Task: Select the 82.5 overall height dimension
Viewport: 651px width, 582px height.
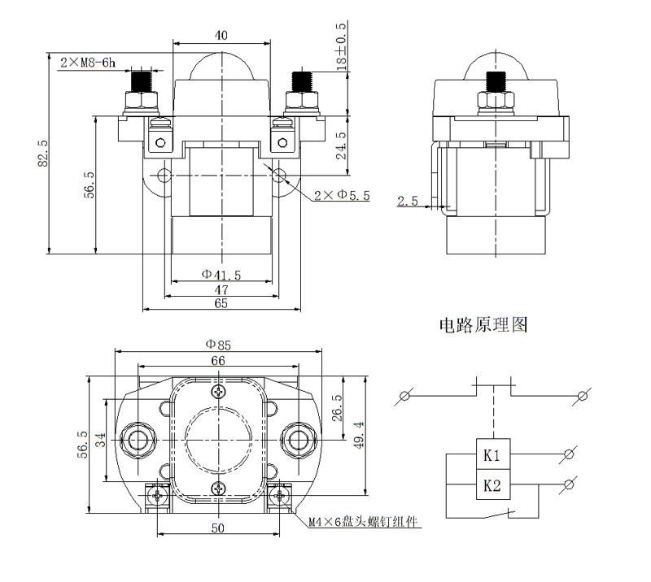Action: click(x=42, y=154)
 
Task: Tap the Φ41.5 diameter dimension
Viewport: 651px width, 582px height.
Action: click(x=221, y=275)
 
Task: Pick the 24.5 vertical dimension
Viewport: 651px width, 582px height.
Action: click(x=343, y=145)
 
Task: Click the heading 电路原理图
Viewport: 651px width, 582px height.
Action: click(x=483, y=326)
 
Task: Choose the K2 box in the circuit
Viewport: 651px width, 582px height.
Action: click(x=492, y=486)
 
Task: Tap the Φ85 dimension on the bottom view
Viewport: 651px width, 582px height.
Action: click(x=217, y=344)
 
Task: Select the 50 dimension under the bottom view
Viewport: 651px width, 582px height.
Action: click(x=217, y=528)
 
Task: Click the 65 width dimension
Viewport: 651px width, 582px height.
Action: click(x=221, y=303)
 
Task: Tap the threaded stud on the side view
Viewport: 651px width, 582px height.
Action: click(x=494, y=82)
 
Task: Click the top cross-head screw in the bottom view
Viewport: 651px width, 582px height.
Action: click(x=218, y=393)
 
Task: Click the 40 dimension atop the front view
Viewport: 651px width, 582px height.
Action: click(x=221, y=35)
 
